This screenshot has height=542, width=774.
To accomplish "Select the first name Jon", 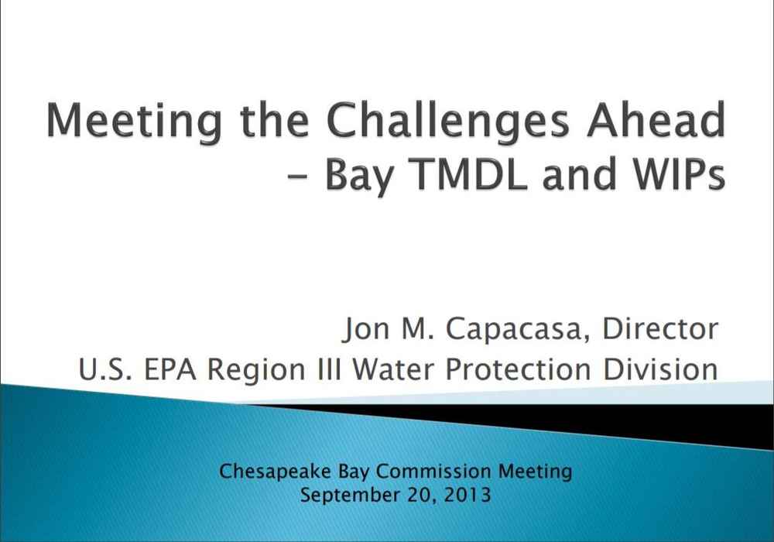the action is click(x=366, y=329).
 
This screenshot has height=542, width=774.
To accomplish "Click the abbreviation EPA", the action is click(x=170, y=369).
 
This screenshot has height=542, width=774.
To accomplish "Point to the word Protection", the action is click(x=518, y=369).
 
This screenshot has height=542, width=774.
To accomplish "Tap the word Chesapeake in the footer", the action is click(x=275, y=472).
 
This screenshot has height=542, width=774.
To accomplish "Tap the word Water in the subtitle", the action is click(x=393, y=369).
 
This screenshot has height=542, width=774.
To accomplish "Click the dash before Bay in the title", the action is click(x=296, y=177).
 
